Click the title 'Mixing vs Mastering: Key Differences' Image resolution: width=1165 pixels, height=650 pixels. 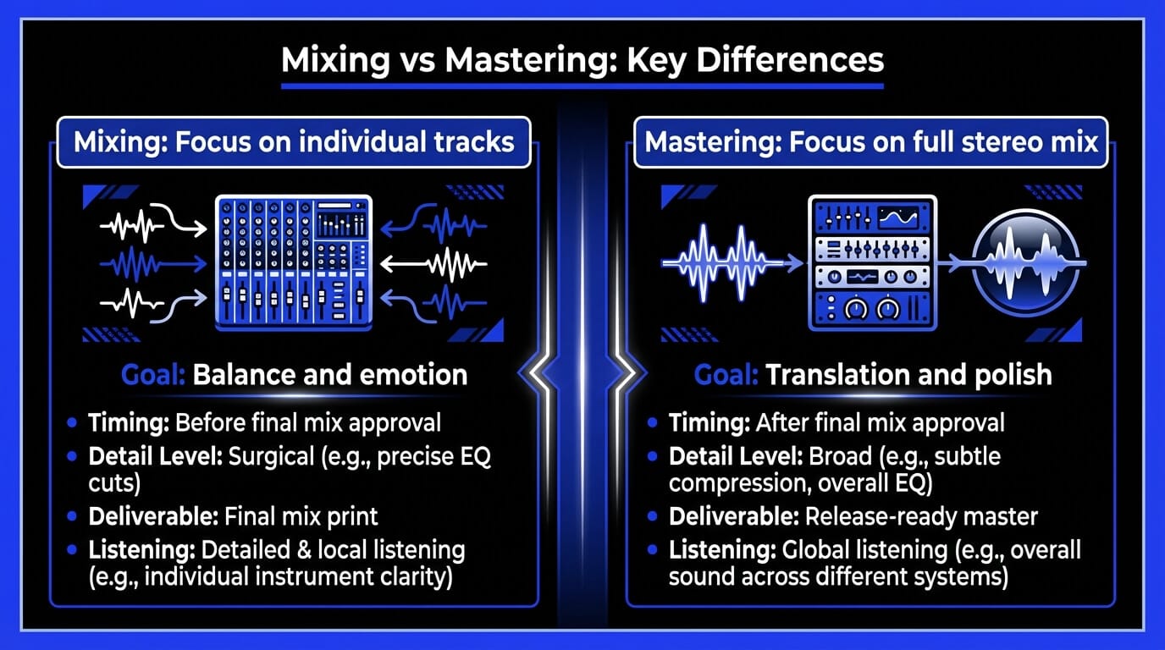[x=582, y=61]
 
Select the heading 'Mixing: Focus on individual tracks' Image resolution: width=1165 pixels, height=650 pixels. [x=294, y=140]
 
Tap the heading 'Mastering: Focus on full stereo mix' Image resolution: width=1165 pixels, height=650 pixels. [x=871, y=140]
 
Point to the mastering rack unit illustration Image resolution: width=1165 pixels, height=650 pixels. [x=872, y=262]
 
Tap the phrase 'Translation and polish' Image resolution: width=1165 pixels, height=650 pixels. [x=908, y=375]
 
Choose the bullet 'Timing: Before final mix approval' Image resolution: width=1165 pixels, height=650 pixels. [x=264, y=422]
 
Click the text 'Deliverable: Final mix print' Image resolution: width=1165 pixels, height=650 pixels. [x=233, y=515]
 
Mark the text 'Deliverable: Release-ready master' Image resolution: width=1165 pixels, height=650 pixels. [x=853, y=515]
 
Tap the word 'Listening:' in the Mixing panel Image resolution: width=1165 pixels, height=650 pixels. [x=141, y=550]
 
